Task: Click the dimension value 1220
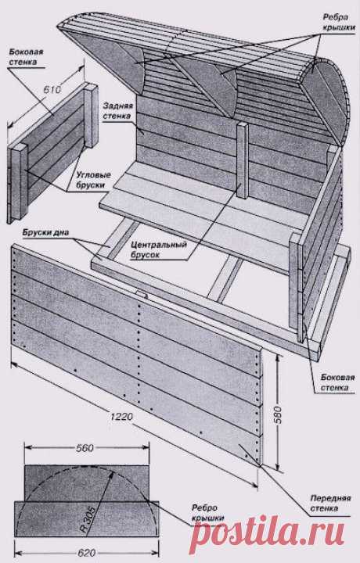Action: (x=122, y=417)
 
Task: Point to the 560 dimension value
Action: (x=85, y=448)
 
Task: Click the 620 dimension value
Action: (x=85, y=553)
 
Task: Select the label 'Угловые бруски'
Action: (x=93, y=181)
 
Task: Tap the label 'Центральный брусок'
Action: (x=159, y=250)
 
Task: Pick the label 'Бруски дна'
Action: (x=45, y=232)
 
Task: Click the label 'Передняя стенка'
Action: (x=330, y=504)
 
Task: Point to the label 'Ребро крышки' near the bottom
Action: (x=207, y=514)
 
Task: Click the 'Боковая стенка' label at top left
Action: (x=26, y=57)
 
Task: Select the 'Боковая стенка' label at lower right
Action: (x=337, y=382)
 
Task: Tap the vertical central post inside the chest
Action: (x=243, y=160)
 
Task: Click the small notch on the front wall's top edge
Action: (x=141, y=295)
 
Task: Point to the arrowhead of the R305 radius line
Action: (x=112, y=474)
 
